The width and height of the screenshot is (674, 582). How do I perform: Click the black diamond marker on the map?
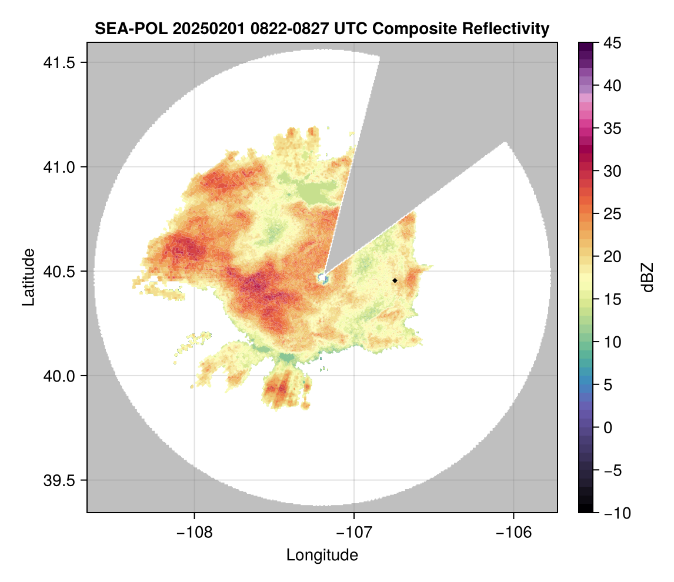pyautogui.click(x=395, y=280)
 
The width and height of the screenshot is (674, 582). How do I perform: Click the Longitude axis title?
pyautogui.click(x=322, y=555)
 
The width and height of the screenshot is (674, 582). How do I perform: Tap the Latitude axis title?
pyautogui.click(x=28, y=277)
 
